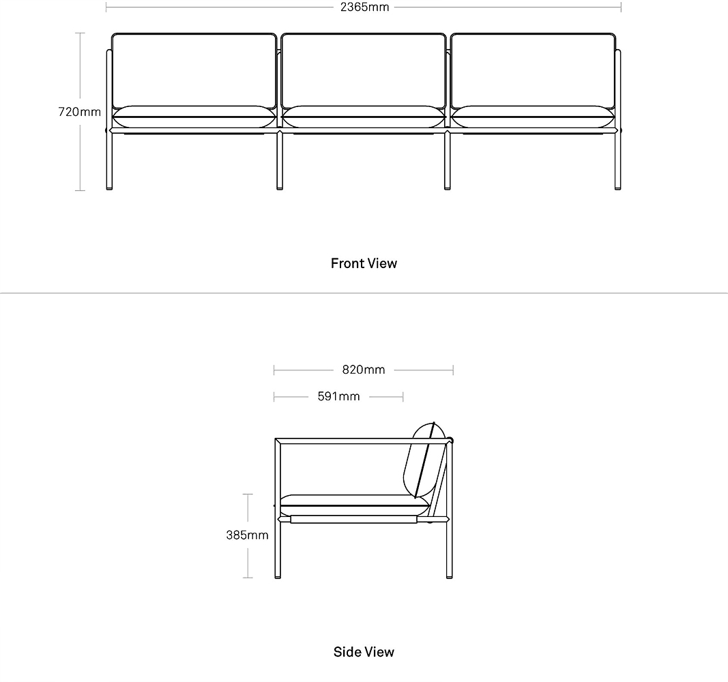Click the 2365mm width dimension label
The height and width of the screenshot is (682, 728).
point(364,7)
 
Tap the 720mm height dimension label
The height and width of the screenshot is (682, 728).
point(79,112)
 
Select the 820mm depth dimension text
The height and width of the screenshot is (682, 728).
point(364,370)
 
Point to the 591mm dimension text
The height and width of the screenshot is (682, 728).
point(338,396)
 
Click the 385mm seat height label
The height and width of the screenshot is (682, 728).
point(247,535)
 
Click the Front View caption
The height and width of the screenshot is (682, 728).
point(364,263)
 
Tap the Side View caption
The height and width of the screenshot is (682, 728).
point(364,652)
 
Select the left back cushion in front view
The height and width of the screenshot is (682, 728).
point(194,70)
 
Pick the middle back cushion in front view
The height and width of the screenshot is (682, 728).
point(364,70)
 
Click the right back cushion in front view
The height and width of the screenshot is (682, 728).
point(533,70)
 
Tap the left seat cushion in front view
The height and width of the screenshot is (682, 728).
point(194,117)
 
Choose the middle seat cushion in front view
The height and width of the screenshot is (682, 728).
point(364,117)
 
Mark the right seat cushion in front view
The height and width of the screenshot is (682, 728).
point(533,117)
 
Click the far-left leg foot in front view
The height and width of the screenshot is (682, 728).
point(109,188)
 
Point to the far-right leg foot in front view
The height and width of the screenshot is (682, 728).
point(617,188)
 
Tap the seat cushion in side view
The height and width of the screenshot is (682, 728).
point(354,505)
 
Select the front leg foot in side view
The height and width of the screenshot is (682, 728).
point(278,576)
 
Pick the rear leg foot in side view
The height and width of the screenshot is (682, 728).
point(449,576)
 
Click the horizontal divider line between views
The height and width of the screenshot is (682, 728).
point(364,293)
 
